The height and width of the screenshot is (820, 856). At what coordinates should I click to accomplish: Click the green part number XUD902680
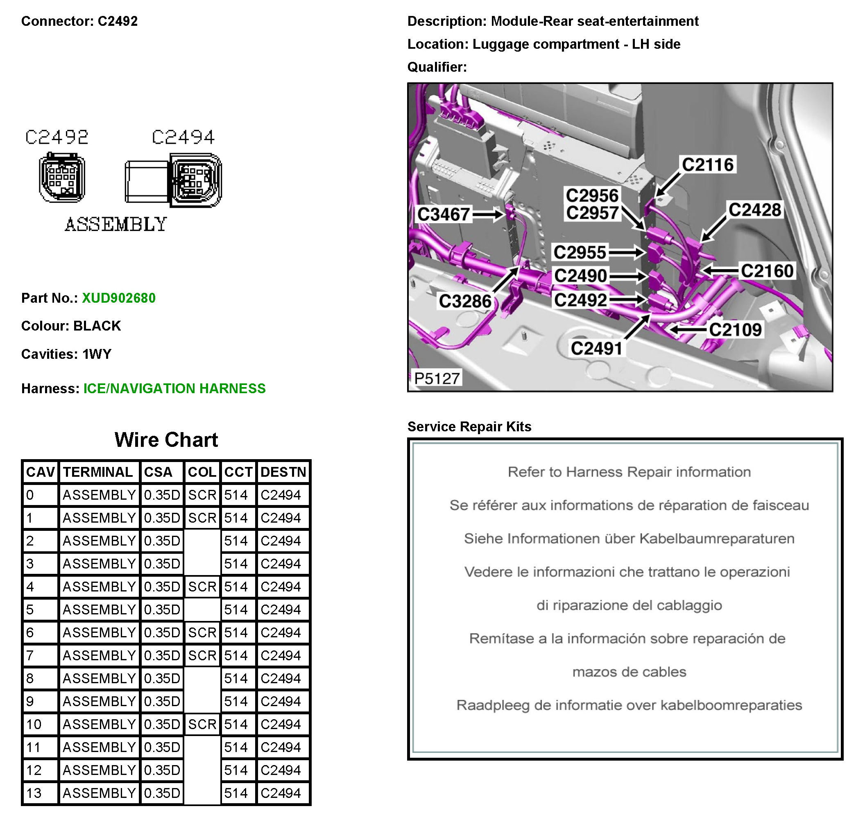pos(118,298)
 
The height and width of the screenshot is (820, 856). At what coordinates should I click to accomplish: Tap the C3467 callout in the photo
pos(443,215)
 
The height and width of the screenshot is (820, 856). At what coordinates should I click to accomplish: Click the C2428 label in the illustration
pos(755,210)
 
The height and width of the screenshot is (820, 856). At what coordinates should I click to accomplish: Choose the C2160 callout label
pos(767,271)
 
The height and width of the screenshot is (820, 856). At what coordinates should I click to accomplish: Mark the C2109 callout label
pos(735,330)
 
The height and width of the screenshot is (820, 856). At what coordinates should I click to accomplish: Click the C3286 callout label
pos(465,301)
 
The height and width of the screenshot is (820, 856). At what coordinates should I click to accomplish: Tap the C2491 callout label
pos(596,349)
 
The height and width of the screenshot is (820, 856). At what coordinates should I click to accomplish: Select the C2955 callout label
pos(580,252)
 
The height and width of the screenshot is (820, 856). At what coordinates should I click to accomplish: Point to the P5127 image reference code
pos(437,378)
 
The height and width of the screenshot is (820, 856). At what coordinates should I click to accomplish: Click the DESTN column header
pos(283,472)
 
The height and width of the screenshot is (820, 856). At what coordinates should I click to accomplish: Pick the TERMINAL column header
pos(98,472)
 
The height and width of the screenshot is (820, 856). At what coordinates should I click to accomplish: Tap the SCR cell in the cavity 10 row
pos(202,724)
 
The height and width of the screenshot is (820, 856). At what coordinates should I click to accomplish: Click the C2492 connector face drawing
pos(62,178)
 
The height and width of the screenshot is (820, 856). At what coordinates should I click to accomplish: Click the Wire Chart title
pos(166,439)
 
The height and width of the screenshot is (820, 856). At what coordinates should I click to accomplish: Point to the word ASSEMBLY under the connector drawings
pos(116,224)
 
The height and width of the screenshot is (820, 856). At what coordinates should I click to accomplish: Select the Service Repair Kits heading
pos(469,426)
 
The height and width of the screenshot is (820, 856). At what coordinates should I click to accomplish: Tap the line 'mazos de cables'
pos(629,672)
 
